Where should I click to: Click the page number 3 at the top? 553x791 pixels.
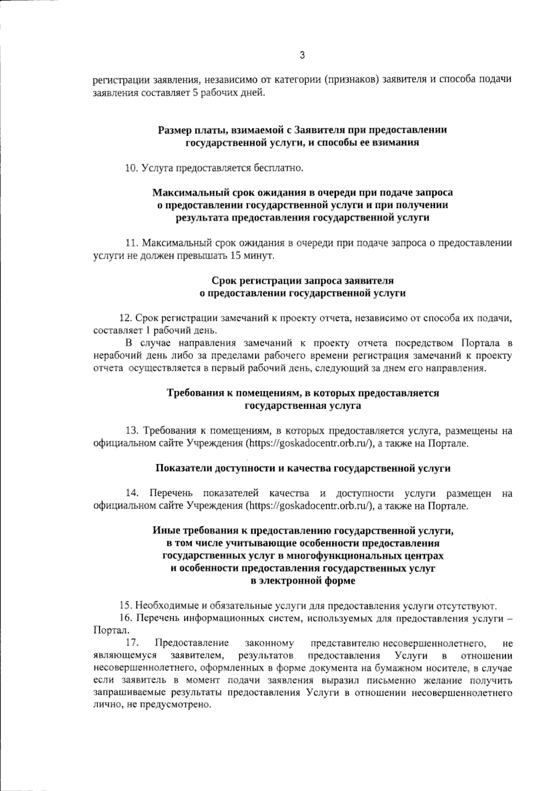coord(302,56)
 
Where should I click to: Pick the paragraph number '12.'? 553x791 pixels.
coord(126,318)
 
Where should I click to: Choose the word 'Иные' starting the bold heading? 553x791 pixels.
coord(163,531)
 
